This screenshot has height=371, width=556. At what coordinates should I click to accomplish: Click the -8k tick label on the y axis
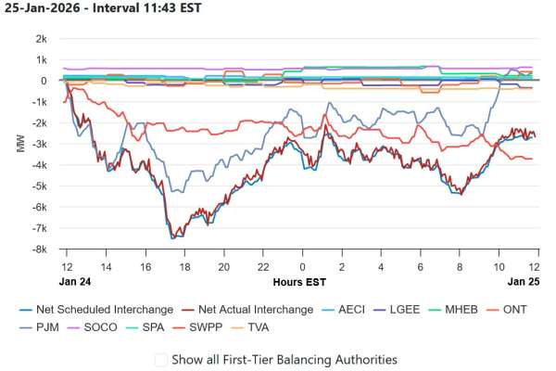(41, 249)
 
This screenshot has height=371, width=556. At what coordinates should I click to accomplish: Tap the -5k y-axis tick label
(41, 186)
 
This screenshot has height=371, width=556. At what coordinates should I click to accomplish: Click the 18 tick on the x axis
(183, 265)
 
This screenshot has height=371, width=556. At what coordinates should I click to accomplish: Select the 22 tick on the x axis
(262, 265)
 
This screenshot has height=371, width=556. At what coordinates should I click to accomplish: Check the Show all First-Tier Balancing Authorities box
(161, 359)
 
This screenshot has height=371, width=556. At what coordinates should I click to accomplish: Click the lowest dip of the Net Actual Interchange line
(171, 238)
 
